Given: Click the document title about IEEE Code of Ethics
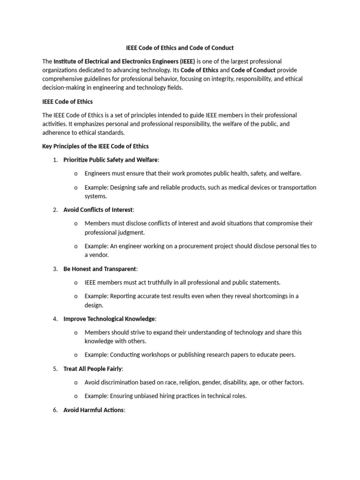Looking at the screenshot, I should pyautogui.click(x=180, y=48).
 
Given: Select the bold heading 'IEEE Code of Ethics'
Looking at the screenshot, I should pyautogui.click(x=67, y=101).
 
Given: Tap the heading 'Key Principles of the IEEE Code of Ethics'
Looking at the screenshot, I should pyautogui.click(x=95, y=146).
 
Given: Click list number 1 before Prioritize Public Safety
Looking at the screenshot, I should pyautogui.click(x=55, y=160).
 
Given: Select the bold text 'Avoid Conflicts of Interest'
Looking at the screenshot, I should pyautogui.click(x=98, y=210).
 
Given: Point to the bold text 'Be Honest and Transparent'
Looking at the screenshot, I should pyautogui.click(x=100, y=269).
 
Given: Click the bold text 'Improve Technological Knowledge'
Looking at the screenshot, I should pyautogui.click(x=109, y=319).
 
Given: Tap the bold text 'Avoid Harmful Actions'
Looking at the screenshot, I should pyautogui.click(x=94, y=410).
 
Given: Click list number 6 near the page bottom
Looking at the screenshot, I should pyautogui.click(x=55, y=410).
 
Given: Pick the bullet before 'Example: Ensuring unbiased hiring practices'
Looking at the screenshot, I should pyautogui.click(x=76, y=396).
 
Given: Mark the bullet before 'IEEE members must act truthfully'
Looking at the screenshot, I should pyautogui.click(x=76, y=283).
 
